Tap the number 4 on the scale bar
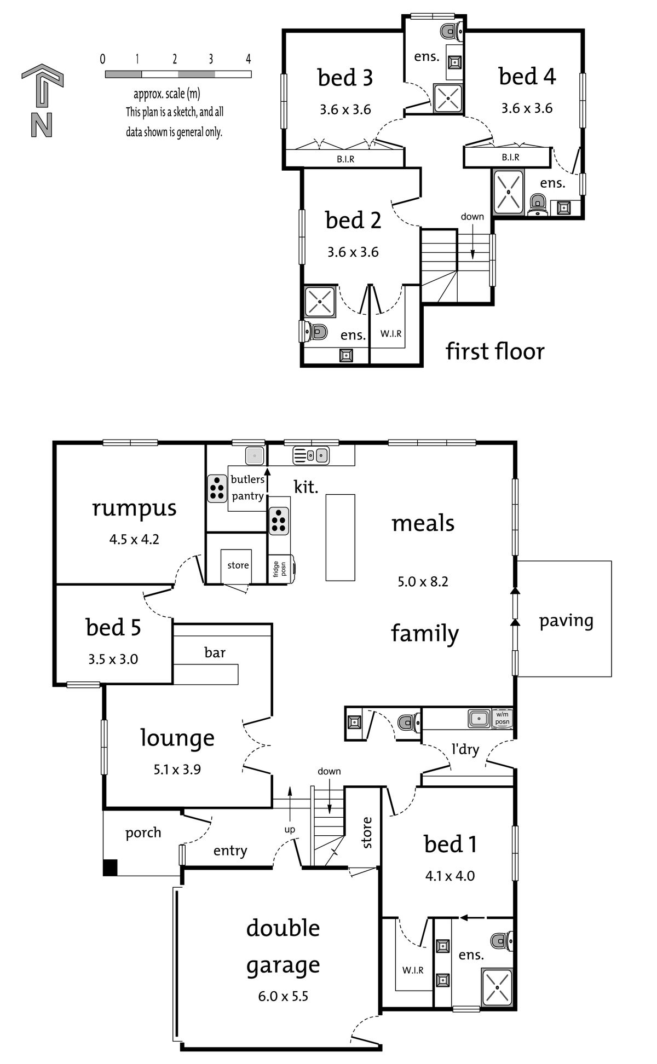point(248,59)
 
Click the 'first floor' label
point(495,351)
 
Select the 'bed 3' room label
point(345,78)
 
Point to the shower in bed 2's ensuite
point(320,300)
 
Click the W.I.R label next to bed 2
point(391,333)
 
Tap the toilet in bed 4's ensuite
point(538,204)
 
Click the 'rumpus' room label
point(134,508)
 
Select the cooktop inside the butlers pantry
point(217,488)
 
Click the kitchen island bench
point(341,537)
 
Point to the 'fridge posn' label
point(280,569)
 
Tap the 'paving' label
point(566,621)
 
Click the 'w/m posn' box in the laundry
point(502,718)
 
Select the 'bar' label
point(215,652)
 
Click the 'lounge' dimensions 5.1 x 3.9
point(177,769)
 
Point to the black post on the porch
point(110,868)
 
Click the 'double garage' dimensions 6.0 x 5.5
point(283,996)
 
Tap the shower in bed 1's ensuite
point(497,986)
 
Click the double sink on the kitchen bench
point(310,455)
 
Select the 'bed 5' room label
point(113,627)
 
